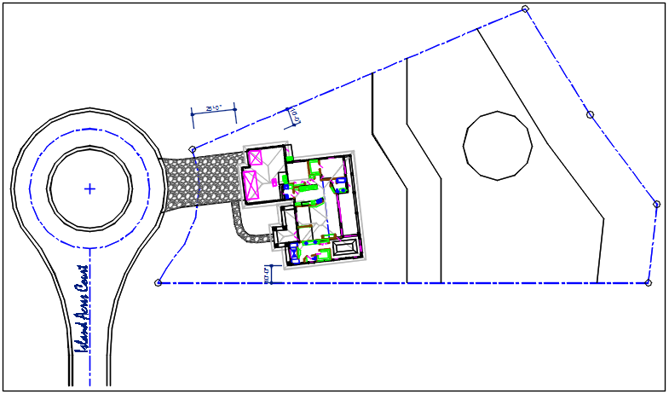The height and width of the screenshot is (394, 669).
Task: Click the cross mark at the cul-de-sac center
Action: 89,188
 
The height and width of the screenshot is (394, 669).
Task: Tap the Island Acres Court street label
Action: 83,308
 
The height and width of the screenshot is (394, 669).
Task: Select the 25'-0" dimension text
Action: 214,108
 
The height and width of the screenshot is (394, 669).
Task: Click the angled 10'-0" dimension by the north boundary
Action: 294,114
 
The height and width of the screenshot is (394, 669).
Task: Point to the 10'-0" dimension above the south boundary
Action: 268,275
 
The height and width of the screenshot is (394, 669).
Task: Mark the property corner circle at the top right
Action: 525,9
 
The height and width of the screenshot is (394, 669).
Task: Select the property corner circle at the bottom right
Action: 649,282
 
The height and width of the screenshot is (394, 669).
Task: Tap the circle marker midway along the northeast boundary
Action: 590,114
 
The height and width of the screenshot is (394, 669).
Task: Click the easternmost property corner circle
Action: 656,204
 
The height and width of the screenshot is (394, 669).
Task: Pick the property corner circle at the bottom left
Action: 158,282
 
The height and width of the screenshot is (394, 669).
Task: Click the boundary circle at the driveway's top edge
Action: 192,149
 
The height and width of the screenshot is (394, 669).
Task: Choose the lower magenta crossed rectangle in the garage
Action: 251,184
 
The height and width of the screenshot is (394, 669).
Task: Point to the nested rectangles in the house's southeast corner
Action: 346,247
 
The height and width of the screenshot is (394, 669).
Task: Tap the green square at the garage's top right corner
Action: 290,158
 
